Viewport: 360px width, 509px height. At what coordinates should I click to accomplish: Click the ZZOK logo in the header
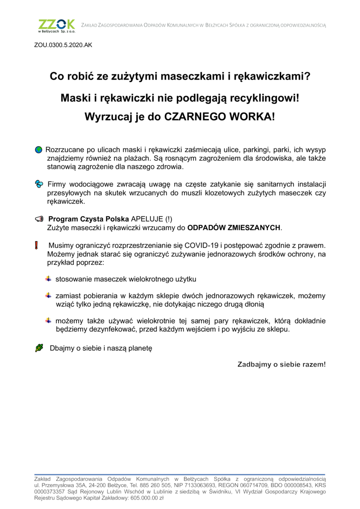[x=57, y=26]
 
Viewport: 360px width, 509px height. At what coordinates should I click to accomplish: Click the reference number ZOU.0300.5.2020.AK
[x=63, y=45]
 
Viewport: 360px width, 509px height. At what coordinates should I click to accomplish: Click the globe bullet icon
[x=39, y=149]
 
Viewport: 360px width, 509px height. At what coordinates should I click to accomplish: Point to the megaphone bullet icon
[x=39, y=219]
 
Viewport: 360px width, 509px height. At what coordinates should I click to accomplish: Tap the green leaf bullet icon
[x=39, y=348]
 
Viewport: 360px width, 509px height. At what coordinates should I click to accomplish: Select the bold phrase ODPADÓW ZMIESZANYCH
[x=234, y=228]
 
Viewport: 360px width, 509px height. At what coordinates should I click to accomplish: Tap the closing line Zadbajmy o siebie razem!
[x=281, y=364]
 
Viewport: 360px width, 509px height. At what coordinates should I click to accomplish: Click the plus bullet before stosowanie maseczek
[x=48, y=279]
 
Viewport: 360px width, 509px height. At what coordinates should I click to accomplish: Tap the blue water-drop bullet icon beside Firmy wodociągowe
[x=39, y=184]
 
